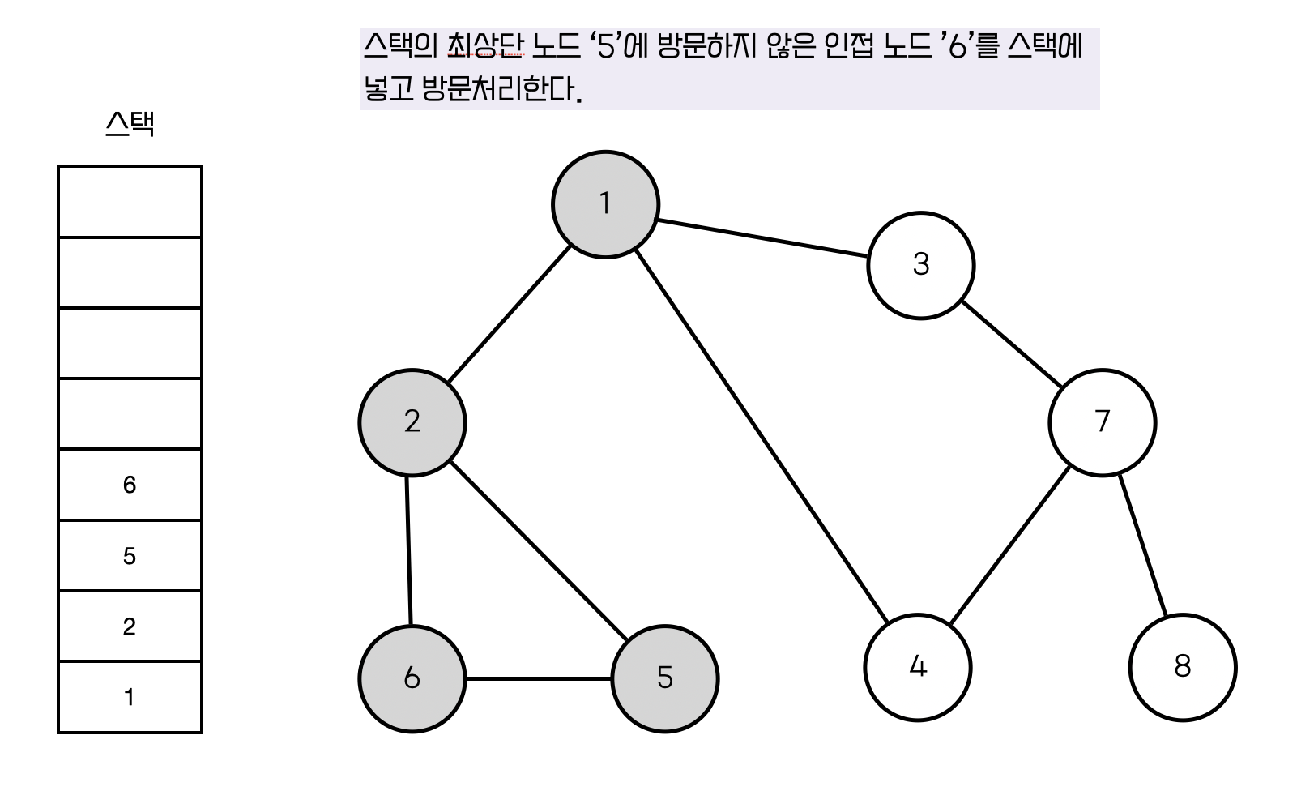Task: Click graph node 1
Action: click(605, 204)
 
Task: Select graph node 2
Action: click(412, 422)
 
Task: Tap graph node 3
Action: click(920, 265)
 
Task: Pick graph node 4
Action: click(918, 667)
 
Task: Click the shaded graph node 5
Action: click(665, 678)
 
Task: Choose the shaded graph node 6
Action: click(412, 678)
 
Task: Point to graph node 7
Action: click(1102, 422)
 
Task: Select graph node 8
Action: click(1183, 667)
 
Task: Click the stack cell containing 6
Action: click(130, 485)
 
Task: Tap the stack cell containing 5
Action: click(130, 556)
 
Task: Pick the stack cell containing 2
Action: click(130, 626)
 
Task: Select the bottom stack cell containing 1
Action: click(130, 697)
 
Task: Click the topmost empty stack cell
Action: click(130, 202)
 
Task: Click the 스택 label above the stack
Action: click(130, 124)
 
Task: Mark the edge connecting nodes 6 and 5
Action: click(539, 678)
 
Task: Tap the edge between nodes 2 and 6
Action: click(408, 551)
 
